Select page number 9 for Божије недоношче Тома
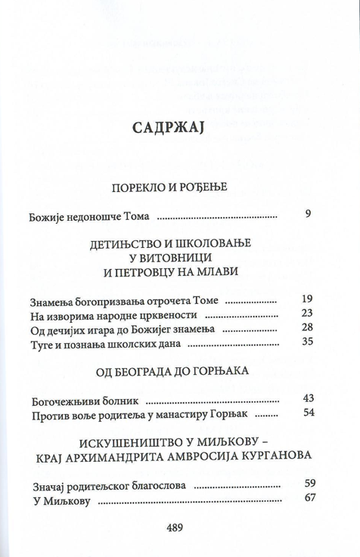308,214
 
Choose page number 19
306,299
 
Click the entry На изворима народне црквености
103,314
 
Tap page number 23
306,314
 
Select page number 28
306,328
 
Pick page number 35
306,342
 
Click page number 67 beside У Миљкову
309,498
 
